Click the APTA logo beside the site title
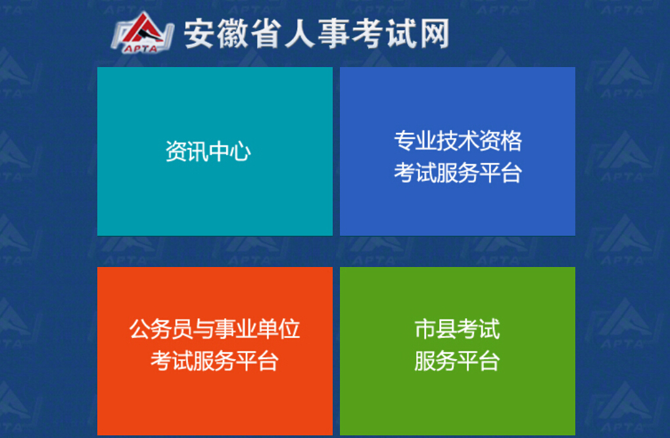coord(142,32)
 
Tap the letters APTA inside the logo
coord(141,49)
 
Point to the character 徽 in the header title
coord(233,34)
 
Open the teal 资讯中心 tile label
coord(208,151)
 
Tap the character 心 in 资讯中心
coord(241,151)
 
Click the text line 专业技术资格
coord(458,141)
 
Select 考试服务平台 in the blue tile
coord(458,173)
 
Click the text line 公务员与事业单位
coord(214,329)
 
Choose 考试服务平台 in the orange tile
coord(214,361)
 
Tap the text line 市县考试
coord(457,329)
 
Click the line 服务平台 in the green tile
coord(457,361)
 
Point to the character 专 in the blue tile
coord(404,141)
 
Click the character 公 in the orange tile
coord(140,329)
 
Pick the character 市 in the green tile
coord(425,329)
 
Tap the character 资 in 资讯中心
coord(176,151)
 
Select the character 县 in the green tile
coord(446,329)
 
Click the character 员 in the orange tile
coord(182,329)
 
